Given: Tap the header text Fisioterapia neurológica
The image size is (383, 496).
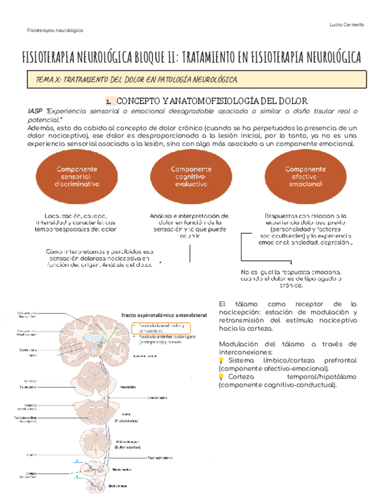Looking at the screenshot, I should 55,30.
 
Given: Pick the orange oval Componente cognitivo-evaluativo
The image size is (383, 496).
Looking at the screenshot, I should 191,175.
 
